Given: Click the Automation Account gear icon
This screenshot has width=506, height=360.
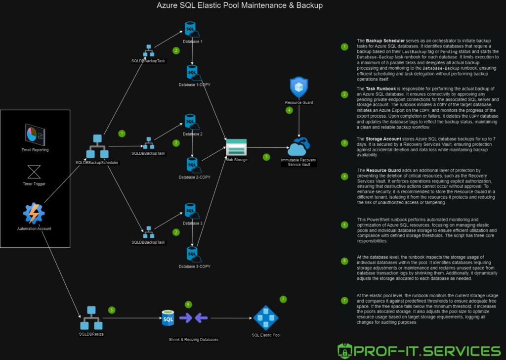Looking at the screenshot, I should [x=34, y=213].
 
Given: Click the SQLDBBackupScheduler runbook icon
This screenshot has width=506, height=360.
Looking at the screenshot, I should [x=97, y=146].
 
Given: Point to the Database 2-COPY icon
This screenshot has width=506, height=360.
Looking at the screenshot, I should [x=193, y=165].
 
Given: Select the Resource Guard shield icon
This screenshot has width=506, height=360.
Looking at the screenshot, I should [x=298, y=88].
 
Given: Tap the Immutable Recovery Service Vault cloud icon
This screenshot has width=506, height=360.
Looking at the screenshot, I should [x=298, y=147].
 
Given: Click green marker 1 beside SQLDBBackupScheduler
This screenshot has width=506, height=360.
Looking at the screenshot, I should [x=122, y=134].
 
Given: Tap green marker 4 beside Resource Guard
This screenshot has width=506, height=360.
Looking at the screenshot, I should [x=289, y=110].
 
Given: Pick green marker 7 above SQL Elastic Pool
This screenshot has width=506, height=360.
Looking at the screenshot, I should [x=283, y=299].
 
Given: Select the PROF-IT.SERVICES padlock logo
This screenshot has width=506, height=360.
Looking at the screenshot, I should [x=344, y=351].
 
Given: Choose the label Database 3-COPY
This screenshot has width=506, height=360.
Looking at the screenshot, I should [x=195, y=266].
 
